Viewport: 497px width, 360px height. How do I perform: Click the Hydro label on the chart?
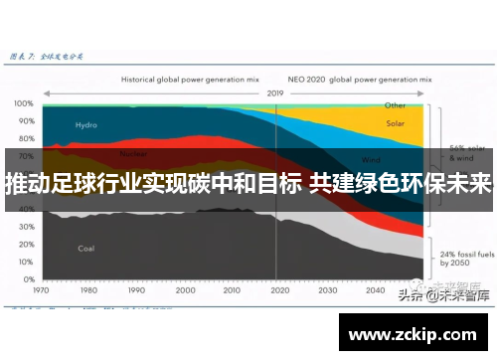pos(86,125)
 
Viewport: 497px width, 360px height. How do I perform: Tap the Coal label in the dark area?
pos(86,249)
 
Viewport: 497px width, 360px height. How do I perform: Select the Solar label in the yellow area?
pos(396,125)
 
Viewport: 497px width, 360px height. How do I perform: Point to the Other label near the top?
pos(396,104)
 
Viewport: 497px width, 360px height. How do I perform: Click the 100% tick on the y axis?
pos(24,102)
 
